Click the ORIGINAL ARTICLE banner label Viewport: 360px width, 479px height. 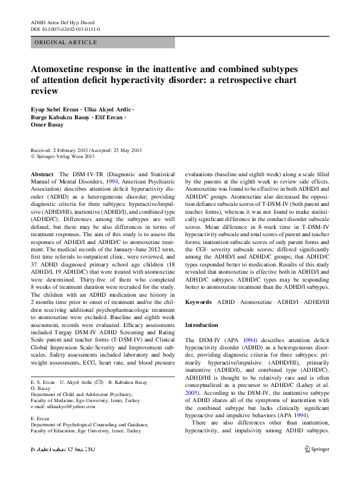[x=66, y=42]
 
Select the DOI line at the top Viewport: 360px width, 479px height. [x=65, y=29]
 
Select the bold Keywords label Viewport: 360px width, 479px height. [x=198, y=301]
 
